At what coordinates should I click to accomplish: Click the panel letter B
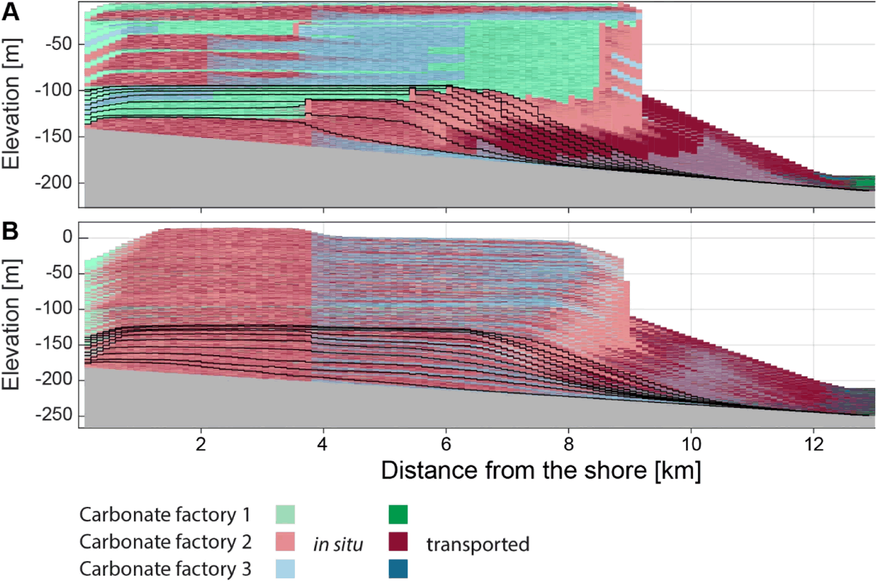click(11, 231)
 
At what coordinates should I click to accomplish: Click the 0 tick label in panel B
click(67, 237)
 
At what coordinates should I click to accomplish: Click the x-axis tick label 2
click(201, 445)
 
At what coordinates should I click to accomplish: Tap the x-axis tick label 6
click(446, 445)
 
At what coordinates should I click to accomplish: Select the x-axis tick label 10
click(691, 445)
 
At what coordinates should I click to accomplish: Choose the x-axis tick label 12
click(814, 445)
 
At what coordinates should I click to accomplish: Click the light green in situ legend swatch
click(285, 515)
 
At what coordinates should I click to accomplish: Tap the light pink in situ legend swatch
click(285, 542)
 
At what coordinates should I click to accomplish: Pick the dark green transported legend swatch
click(398, 515)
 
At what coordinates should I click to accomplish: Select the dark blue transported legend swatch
click(398, 569)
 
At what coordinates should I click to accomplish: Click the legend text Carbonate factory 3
click(165, 569)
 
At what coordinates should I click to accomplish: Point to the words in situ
click(338, 544)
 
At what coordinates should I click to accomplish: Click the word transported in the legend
click(478, 544)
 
